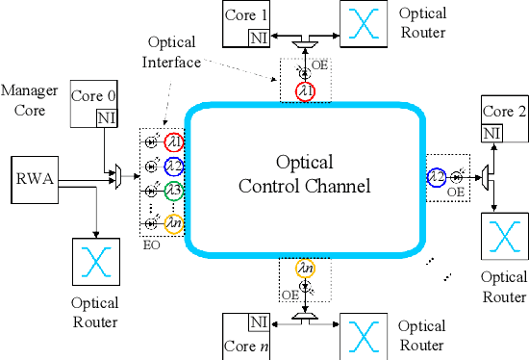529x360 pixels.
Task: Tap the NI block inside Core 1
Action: [x=258, y=38]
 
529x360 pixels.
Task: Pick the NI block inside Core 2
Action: [x=492, y=132]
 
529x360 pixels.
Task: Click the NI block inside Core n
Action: [x=257, y=321]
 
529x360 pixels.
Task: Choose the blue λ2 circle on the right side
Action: [x=437, y=177]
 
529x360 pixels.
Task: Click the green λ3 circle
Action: [x=173, y=190]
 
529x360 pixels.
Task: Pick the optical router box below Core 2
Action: [x=504, y=236]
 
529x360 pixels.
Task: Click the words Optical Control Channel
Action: [x=304, y=172]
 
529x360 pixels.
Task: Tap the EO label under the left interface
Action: [x=151, y=246]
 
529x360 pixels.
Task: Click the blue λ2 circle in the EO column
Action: [x=173, y=166]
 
